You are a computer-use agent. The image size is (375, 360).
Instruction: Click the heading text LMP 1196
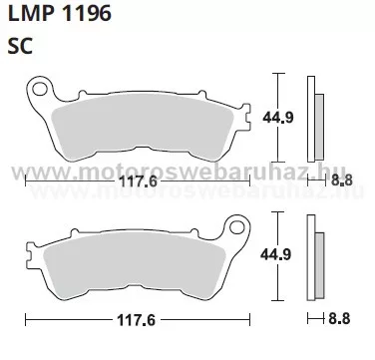pyautogui.click(x=59, y=14)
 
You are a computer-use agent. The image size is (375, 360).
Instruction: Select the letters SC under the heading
pyautogui.click(x=20, y=46)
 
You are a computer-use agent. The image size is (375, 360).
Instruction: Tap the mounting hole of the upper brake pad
pyautogui.click(x=40, y=90)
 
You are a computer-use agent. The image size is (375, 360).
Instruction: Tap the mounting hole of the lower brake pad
pyautogui.click(x=236, y=227)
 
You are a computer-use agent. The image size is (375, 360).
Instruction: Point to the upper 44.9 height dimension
pyautogui.click(x=278, y=117)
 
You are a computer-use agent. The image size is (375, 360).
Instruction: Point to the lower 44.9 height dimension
pyautogui.click(x=275, y=254)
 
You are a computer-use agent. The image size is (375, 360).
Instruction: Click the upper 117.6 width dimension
pyautogui.click(x=138, y=181)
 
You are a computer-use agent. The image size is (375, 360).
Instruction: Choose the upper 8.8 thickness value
pyautogui.click(x=341, y=180)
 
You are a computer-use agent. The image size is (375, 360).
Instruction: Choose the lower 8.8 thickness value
pyautogui.click(x=339, y=319)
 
